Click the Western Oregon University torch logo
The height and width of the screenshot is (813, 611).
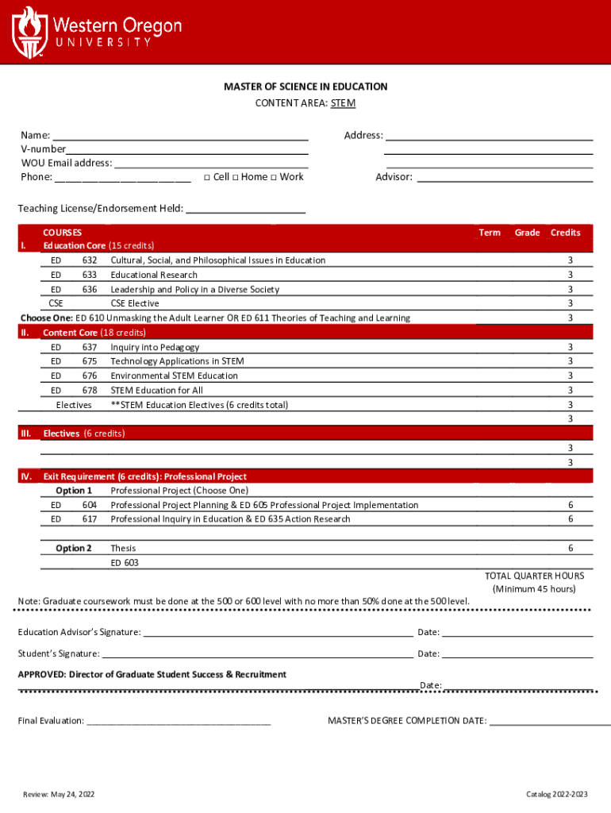29,31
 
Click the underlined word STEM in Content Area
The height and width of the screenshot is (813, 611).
343,103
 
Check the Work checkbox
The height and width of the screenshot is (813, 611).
273,177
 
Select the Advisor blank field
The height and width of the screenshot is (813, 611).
505,178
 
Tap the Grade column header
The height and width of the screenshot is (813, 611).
527,233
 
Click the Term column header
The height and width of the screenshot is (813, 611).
490,233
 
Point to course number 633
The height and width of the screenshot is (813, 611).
90,275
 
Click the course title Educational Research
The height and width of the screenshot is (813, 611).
154,275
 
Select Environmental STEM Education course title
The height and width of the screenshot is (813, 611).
174,376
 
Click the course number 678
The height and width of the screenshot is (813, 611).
90,390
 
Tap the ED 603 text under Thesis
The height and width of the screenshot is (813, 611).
125,563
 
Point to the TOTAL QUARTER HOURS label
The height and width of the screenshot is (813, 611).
534,576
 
